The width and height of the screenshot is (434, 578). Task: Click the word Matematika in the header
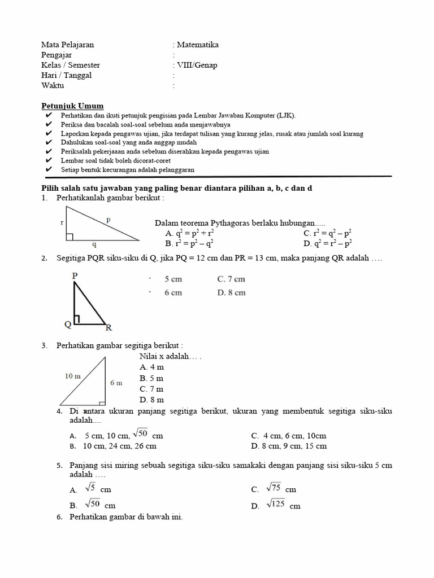(x=197, y=45)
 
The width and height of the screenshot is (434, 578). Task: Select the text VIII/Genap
(x=197, y=65)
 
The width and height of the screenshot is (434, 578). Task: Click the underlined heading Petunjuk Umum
(x=72, y=106)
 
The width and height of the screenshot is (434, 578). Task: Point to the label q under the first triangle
(x=94, y=246)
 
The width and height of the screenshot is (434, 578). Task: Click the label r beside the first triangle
(x=62, y=222)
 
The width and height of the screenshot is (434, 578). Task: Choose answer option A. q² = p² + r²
(x=189, y=233)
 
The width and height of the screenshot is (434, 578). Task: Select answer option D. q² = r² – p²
(x=328, y=243)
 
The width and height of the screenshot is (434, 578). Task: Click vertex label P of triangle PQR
(x=75, y=275)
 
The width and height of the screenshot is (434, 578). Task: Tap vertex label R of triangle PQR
(x=108, y=327)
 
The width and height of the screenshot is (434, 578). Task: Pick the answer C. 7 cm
(x=231, y=279)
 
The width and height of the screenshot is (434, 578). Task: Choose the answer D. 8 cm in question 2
(x=231, y=292)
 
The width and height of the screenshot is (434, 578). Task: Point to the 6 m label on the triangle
(x=116, y=383)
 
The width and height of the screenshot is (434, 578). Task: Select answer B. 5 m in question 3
(x=151, y=378)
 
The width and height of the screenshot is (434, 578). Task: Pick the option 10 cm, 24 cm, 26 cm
(x=119, y=446)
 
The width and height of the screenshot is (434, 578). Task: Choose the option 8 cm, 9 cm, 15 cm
(x=289, y=446)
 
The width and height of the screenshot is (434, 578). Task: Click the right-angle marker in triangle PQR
(x=77, y=320)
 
